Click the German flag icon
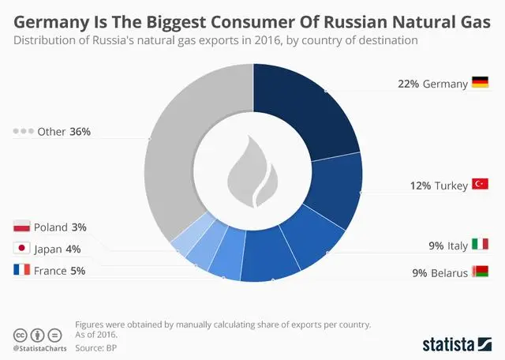(x=481, y=82)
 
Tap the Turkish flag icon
(x=481, y=184)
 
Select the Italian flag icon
(x=481, y=245)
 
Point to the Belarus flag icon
(x=481, y=272)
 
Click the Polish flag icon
(x=22, y=227)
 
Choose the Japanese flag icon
(x=22, y=249)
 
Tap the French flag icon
(x=22, y=271)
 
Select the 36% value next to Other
(x=80, y=132)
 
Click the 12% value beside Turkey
(x=420, y=186)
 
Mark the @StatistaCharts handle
(x=39, y=348)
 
